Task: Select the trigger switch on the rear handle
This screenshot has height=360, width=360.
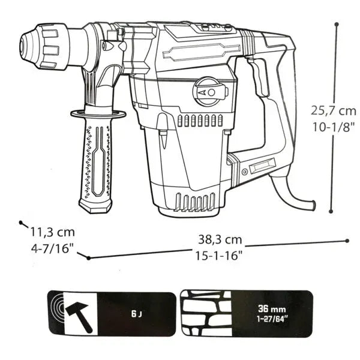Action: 260,78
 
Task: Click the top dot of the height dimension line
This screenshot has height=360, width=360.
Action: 337,25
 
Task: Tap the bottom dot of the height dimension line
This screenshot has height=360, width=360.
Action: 332,211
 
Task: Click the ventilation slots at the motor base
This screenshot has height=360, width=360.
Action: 193,202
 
